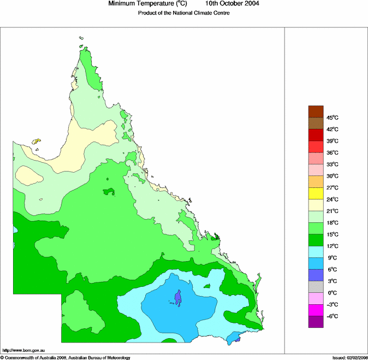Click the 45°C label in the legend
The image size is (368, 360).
point(333,117)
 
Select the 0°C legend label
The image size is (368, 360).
point(333,293)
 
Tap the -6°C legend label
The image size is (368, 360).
point(333,316)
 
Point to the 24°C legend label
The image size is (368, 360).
point(333,199)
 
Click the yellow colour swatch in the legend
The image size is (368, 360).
point(316,193)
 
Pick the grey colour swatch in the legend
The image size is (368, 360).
point(316,287)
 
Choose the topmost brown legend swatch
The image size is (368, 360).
point(316,111)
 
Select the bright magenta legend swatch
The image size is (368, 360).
point(316,310)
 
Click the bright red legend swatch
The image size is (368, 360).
point(316,146)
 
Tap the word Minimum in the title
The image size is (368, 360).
point(123,4)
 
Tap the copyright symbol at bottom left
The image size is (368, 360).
point(2,357)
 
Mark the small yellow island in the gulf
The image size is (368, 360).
point(37,141)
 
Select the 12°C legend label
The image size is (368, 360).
point(333,246)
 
